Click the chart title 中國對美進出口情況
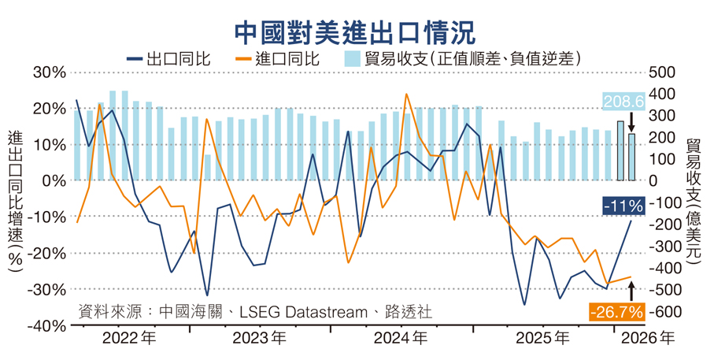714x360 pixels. (x=356, y=32)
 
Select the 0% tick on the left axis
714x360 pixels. (x=54, y=180)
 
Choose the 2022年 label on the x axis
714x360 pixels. (x=131, y=340)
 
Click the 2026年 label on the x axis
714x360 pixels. (x=648, y=340)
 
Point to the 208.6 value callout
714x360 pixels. (x=623, y=101)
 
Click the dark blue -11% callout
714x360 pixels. (x=623, y=206)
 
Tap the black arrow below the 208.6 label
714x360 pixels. (x=631, y=120)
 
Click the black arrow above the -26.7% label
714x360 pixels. (x=631, y=290)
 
